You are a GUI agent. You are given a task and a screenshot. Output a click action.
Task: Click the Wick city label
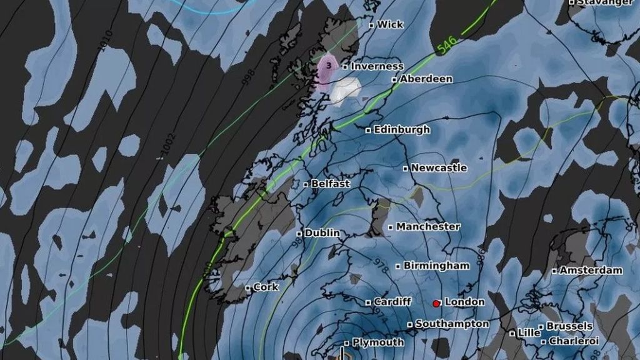coord(390,25)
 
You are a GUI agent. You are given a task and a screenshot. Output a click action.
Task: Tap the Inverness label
coord(377,66)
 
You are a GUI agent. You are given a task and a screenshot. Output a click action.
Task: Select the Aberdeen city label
coord(426,79)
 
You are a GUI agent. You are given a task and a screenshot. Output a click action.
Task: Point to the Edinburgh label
coord(401,130)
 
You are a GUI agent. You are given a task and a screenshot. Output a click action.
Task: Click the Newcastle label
coord(439,168)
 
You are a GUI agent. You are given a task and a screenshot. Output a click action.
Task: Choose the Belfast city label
coord(330,184)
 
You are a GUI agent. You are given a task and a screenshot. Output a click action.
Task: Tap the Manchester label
coord(427,227)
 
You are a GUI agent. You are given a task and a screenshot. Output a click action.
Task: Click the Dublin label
coord(322,233)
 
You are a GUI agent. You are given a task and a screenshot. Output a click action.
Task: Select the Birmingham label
coord(436,266)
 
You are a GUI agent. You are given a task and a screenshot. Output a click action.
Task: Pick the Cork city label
coord(266,287)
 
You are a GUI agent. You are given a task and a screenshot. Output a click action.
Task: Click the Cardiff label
coord(392,302)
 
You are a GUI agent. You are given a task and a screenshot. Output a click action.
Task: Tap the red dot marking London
coord(436,304)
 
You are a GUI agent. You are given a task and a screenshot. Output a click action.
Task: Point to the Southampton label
coord(451,324)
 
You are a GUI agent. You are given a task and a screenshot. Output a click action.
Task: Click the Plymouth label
coord(377,342)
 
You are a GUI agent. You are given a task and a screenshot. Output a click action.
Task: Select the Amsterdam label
coord(591,271)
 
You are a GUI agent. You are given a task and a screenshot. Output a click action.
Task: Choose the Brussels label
coord(569,326)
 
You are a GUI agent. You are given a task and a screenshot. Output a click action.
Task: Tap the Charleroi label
coord(573,341)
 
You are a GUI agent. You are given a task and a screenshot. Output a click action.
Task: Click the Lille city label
coord(528,333)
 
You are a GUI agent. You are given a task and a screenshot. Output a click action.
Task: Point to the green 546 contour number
coord(447,44)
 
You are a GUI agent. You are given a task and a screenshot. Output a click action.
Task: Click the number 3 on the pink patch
coord(329,65)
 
